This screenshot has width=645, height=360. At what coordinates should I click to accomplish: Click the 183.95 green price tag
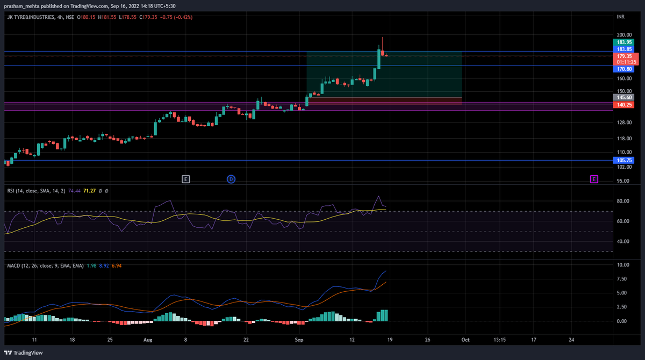(x=624, y=42)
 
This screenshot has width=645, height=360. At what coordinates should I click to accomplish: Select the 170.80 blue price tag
(x=624, y=69)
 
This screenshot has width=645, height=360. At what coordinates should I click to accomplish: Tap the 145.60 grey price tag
(x=624, y=98)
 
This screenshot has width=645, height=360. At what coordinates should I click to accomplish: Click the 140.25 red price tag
(x=624, y=105)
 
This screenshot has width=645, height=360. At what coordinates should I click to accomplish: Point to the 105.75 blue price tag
(x=624, y=160)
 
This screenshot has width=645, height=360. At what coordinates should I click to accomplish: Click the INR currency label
(x=621, y=17)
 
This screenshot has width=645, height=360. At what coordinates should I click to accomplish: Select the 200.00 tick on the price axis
(x=624, y=34)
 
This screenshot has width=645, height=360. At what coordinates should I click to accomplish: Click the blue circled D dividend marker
(x=231, y=179)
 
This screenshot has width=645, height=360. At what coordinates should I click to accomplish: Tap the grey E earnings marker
(x=186, y=179)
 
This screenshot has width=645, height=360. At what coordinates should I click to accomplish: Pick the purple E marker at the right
(x=594, y=179)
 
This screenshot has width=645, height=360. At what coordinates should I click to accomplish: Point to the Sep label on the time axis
(x=299, y=340)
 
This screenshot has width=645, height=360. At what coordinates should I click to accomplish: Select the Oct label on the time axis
(x=465, y=340)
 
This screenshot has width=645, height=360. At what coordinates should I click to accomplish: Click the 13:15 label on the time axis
(x=499, y=340)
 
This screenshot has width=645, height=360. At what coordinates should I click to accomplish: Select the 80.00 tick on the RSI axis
(x=623, y=201)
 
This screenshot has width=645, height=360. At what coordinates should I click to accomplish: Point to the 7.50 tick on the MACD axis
(x=623, y=279)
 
